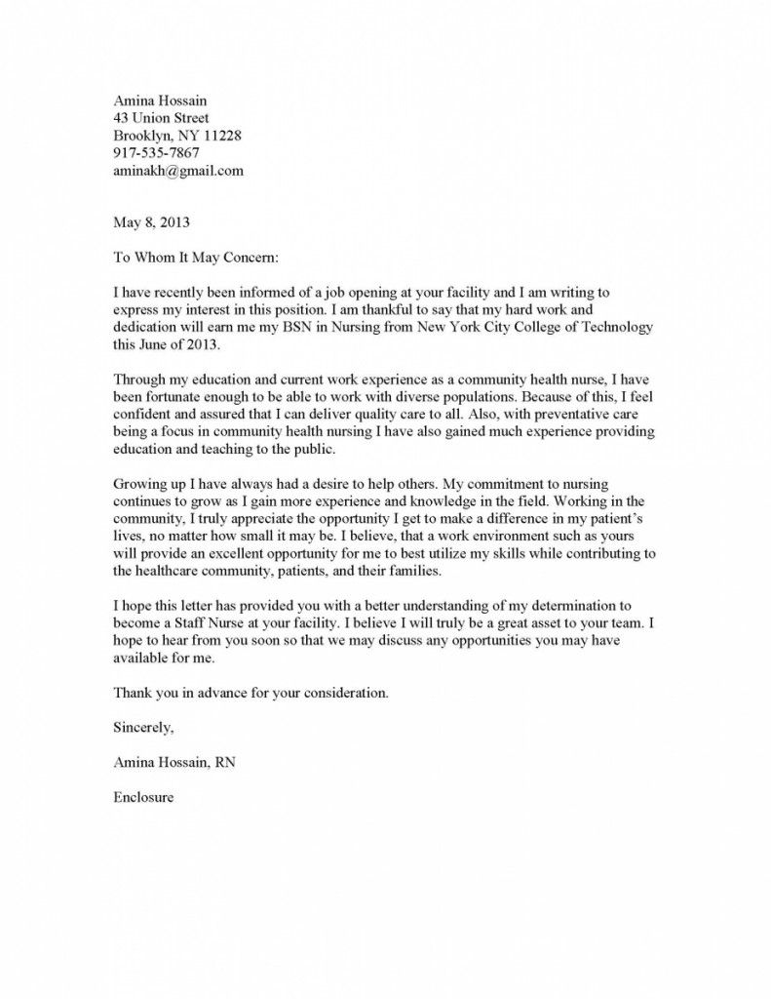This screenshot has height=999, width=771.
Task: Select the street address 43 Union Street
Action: click(161, 118)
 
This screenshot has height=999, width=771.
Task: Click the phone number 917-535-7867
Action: click(157, 153)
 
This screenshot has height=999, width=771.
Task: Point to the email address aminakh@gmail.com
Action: click(178, 171)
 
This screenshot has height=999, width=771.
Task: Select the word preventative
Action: click(566, 416)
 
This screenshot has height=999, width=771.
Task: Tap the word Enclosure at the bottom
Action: click(143, 797)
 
